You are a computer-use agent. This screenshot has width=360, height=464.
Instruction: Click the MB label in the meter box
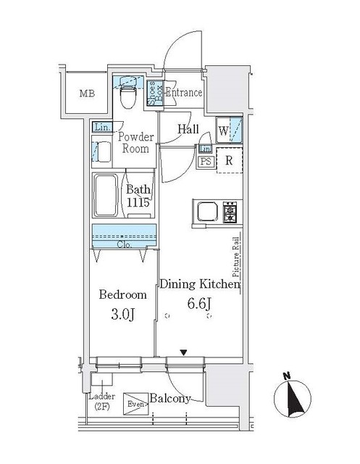point(87,94)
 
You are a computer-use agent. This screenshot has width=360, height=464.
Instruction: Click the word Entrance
point(183,93)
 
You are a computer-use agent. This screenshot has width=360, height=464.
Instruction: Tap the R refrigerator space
point(229,161)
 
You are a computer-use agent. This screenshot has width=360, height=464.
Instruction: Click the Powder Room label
point(134,143)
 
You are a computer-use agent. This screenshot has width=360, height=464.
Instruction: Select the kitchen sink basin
point(205,213)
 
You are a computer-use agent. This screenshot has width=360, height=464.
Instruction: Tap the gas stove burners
point(230,213)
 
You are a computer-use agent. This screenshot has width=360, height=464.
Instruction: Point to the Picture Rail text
point(236,256)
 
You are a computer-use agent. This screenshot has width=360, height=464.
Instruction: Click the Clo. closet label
point(123,245)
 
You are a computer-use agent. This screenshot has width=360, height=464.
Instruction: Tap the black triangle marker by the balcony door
point(184,353)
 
